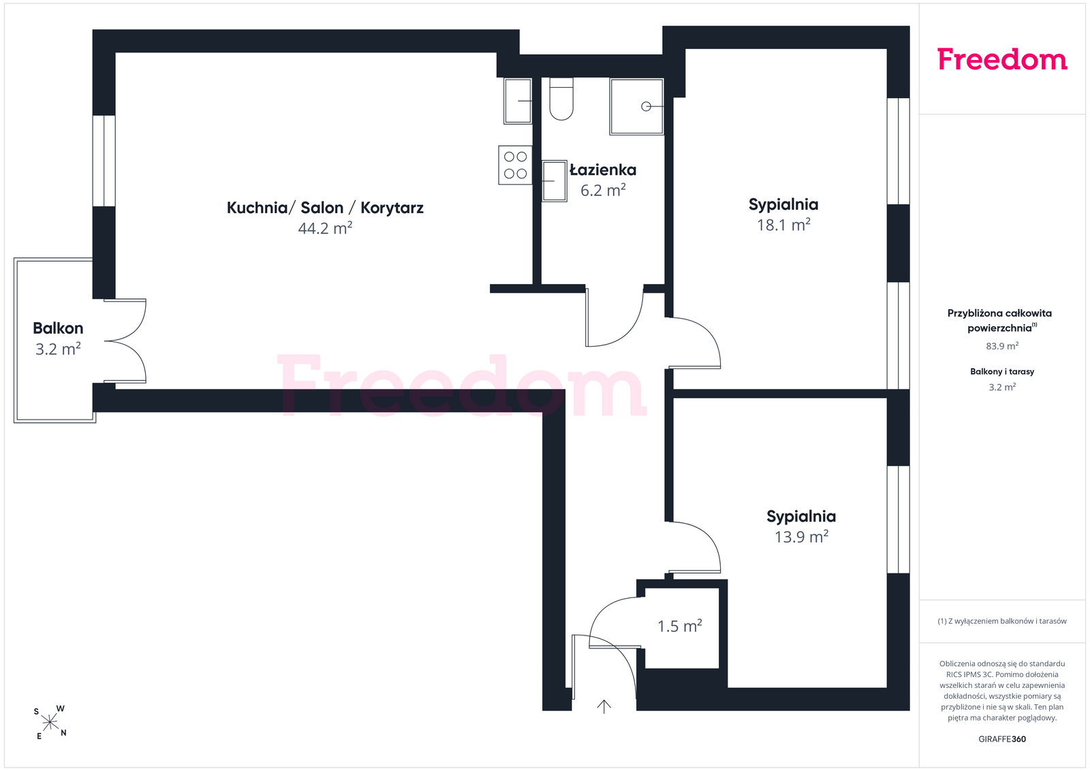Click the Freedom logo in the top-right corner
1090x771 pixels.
point(1002,59)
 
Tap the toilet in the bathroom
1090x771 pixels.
point(561,99)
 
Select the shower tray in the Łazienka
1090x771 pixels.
point(636,106)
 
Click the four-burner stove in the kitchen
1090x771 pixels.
point(515,165)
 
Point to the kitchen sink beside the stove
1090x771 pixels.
point(518,101)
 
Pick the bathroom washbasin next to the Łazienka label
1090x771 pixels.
point(555,181)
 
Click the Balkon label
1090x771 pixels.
point(58,328)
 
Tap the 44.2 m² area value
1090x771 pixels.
point(325,228)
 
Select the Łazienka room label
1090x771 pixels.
point(603,170)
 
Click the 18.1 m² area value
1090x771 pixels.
point(783,225)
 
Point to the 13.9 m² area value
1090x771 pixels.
point(801,537)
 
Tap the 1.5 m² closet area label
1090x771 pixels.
point(680,626)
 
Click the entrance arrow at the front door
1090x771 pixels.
point(604,707)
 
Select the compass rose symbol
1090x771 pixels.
point(50,723)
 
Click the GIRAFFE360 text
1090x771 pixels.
point(1002,739)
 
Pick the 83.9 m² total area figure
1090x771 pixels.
point(1002,346)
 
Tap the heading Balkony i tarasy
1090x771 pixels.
point(1002,372)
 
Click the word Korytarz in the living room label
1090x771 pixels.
point(392,208)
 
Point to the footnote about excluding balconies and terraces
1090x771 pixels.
point(1002,621)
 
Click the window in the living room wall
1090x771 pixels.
point(104,161)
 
